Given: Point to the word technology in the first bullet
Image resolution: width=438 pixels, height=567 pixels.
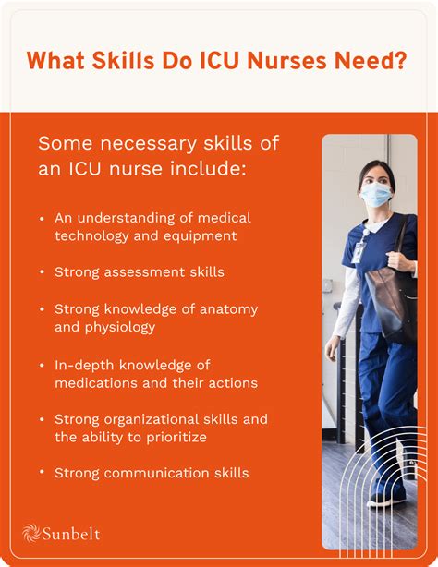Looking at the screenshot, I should click(x=93, y=235).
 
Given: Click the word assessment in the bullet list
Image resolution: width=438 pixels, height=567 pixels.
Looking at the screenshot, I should click(x=143, y=272).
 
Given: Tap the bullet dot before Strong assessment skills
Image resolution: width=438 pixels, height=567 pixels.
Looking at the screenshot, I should click(x=42, y=272).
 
